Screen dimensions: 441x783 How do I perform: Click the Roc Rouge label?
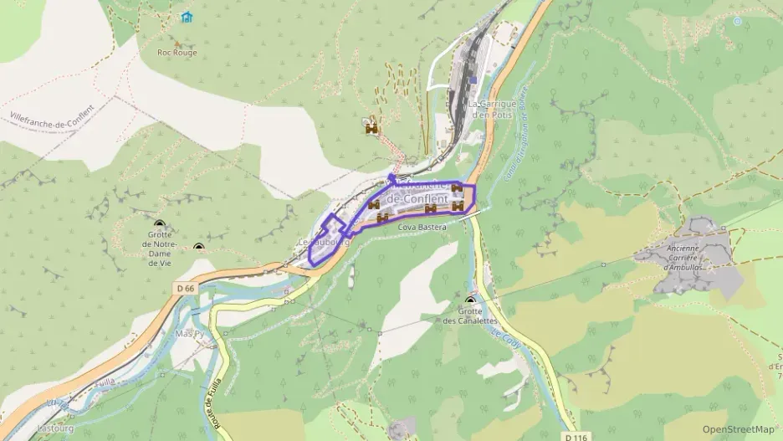(177, 52)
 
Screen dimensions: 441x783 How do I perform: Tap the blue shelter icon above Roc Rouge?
(187, 17)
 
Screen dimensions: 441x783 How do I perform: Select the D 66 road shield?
(186, 288)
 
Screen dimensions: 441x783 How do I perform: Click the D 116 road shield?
(575, 437)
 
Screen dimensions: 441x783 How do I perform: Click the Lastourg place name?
(55, 428)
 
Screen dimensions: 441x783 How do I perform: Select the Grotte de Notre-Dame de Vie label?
(159, 249)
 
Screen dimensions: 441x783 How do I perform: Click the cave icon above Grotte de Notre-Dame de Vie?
(159, 225)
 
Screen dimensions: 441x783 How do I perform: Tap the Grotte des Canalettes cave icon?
(469, 302)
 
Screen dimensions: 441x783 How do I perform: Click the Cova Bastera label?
(422, 227)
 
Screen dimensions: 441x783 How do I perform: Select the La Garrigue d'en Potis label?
(490, 109)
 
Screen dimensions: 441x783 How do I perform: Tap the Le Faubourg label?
(321, 242)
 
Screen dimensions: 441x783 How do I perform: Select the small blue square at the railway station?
(473, 80)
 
